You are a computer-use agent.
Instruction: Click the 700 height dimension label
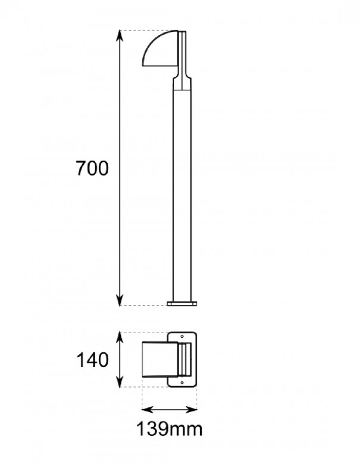coord(92,169)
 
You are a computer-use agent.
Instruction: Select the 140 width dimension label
coord(92,360)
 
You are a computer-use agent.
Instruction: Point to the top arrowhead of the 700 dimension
coord(121,34)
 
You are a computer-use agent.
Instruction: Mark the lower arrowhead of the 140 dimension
coord(121,383)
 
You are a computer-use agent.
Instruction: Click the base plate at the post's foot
coord(181,304)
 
